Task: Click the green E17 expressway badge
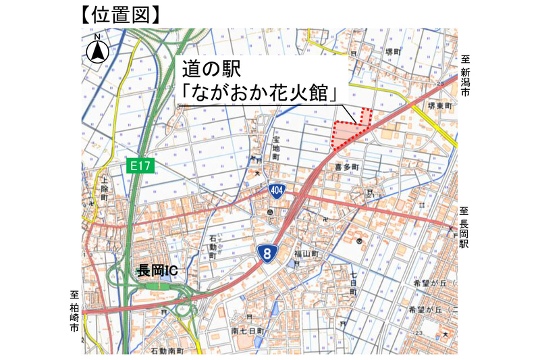click(140, 165)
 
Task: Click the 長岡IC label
click(157, 271)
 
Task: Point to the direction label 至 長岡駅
click(464, 228)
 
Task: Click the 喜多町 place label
click(346, 165)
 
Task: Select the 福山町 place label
click(305, 254)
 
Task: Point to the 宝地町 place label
click(275, 147)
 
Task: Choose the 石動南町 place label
click(168, 351)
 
